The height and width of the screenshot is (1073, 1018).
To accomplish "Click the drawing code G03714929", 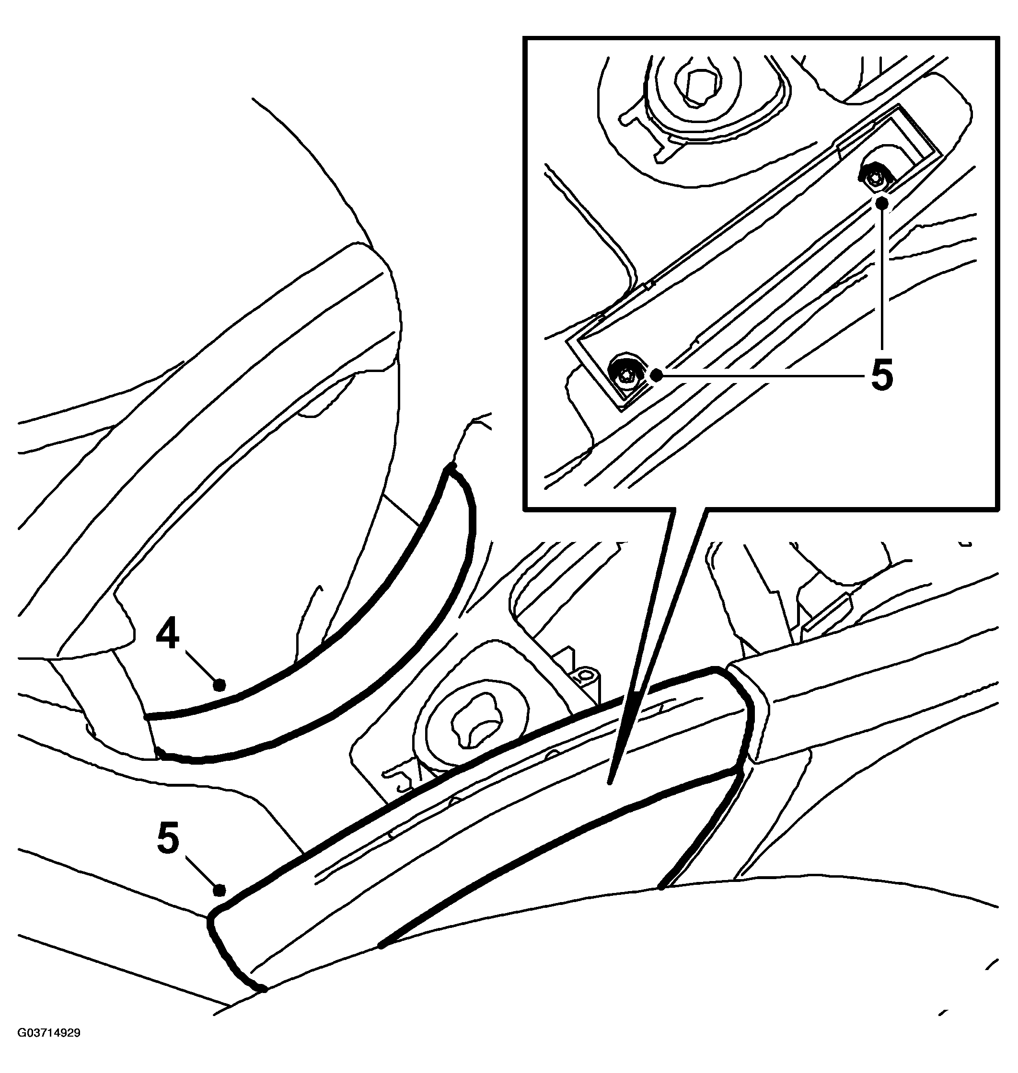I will tap(49, 1048).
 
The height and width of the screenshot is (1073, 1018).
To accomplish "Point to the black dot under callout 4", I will tap(219, 685).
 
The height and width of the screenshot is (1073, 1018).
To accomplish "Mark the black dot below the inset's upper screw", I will tap(882, 203).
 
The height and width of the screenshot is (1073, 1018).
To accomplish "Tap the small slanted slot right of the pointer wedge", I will tap(825, 613).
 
